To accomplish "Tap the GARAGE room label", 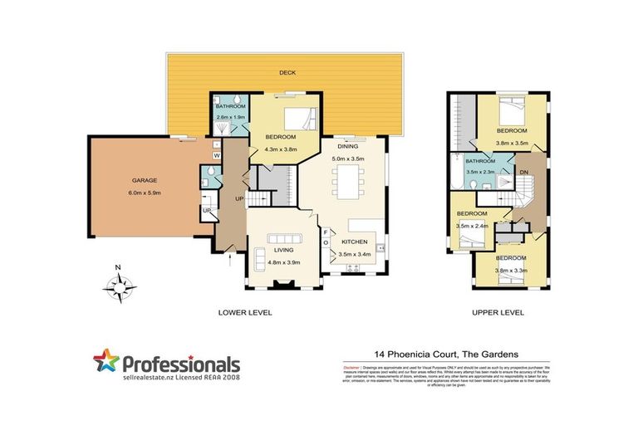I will [x=145, y=179].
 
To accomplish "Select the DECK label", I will [x=287, y=73].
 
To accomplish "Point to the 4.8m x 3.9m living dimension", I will [x=283, y=261].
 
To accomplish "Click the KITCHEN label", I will [x=354, y=242].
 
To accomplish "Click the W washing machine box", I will [x=216, y=155].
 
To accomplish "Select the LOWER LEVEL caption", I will [x=245, y=313].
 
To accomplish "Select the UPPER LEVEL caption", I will [x=497, y=313].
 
